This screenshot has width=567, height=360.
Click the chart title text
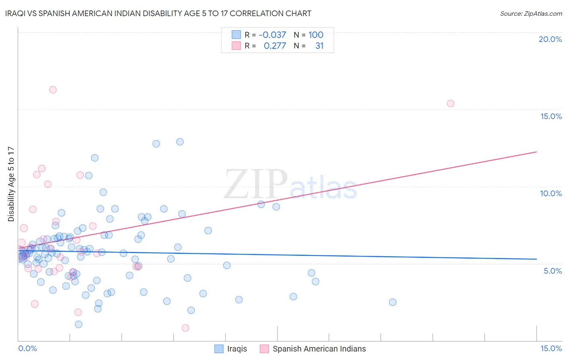(158, 14)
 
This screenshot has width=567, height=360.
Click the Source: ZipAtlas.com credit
(531, 14)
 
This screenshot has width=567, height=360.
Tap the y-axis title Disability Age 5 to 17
(11, 184)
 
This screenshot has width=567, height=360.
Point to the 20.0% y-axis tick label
(550, 39)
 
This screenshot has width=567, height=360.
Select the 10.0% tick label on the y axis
(550, 193)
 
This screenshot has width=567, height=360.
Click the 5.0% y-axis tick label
(552, 271)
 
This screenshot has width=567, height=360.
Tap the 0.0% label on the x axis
(27, 348)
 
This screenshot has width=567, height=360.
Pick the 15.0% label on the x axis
(551, 348)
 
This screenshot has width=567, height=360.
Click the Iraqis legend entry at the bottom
(237, 349)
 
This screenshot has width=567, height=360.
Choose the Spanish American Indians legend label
(319, 349)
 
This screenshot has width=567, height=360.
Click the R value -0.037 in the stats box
(272, 35)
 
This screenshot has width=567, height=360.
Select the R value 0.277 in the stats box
(275, 46)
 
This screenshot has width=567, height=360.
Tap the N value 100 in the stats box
(316, 35)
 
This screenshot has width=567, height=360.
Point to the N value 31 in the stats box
(319, 46)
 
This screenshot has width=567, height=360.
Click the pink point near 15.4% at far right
(450, 103)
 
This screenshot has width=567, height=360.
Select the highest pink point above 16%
(53, 90)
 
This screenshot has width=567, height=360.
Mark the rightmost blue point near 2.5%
(392, 302)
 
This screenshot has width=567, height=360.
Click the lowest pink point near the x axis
(186, 328)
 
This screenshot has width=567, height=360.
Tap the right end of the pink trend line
(536, 152)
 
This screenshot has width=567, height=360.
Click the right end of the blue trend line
(536, 259)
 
